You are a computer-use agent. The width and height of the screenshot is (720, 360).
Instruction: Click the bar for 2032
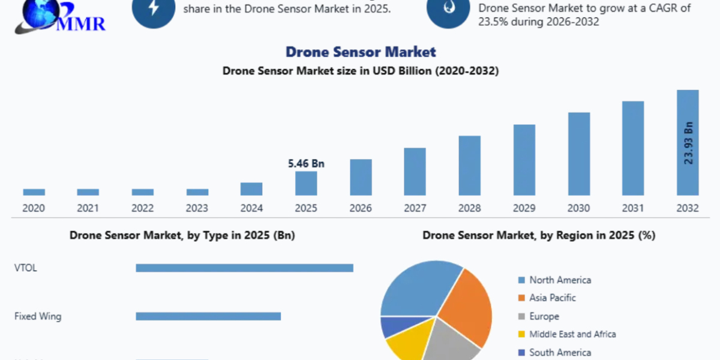tap(688, 120)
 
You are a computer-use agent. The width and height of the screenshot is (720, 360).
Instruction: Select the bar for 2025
tap(306, 184)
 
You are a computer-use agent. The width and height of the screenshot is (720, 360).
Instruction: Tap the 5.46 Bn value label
tap(306, 163)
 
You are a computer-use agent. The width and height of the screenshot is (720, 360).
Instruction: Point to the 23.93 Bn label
tap(688, 143)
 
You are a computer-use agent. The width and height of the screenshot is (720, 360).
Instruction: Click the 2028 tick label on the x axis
tap(470, 208)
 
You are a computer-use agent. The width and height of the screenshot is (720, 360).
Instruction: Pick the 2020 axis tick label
tap(34, 208)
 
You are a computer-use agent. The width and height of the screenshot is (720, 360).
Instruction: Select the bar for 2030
tap(579, 154)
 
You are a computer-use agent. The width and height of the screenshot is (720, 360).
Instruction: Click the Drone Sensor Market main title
tap(361, 52)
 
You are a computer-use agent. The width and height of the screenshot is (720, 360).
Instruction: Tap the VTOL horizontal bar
tap(244, 268)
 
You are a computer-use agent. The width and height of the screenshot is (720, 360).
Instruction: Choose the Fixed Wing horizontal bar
tap(208, 316)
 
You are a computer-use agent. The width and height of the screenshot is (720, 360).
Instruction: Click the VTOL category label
tap(26, 268)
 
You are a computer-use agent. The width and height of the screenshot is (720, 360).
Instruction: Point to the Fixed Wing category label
tap(38, 316)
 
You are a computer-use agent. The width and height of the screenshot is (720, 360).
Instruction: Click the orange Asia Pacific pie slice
tap(468, 306)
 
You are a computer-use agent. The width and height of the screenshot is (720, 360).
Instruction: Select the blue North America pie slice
tap(417, 288)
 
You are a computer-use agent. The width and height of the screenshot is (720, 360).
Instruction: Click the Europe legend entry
tap(544, 316)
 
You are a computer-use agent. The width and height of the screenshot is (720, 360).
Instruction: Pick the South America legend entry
tap(559, 353)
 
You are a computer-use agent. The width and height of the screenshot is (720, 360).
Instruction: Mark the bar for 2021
tap(88, 192)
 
